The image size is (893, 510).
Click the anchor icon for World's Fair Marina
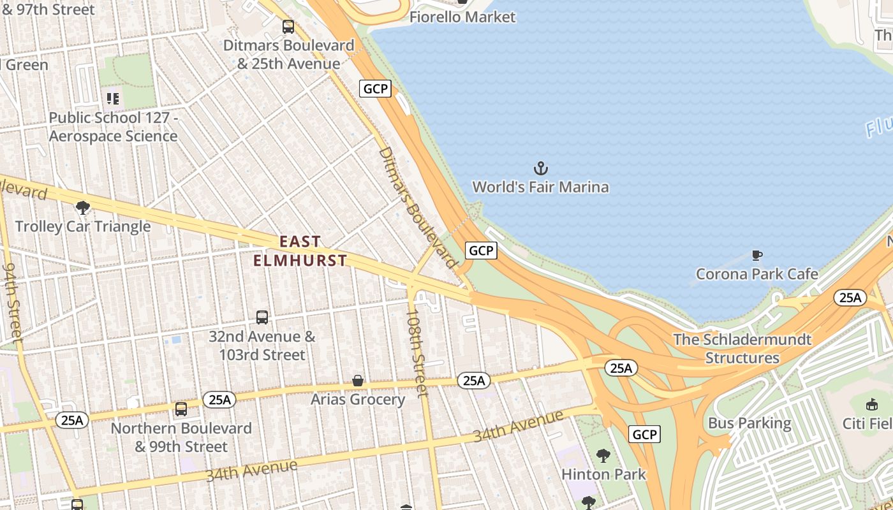click(540, 168)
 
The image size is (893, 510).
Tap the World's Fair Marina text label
click(540, 187)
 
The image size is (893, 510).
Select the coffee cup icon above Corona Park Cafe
click(756, 256)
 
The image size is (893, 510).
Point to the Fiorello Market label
click(462, 17)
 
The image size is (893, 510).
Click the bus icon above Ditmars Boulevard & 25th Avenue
click(288, 27)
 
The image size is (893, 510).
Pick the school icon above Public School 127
click(113, 99)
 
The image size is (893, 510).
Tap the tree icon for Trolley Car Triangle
click(82, 207)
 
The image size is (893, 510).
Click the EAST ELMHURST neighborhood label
click(300, 251)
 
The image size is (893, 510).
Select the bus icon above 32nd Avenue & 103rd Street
click(262, 317)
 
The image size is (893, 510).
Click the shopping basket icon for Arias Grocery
click(358, 381)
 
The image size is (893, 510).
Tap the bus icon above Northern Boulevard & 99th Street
click(181, 409)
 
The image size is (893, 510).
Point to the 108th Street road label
click(417, 353)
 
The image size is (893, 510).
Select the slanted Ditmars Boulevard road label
click(418, 207)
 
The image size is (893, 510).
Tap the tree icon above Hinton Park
click(603, 456)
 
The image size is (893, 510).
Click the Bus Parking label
click(749, 423)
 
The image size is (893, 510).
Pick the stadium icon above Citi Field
click(871, 404)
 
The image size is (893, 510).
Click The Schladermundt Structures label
click(742, 349)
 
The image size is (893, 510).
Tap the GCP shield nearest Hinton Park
click(644, 435)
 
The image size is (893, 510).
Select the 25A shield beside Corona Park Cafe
click(850, 298)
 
